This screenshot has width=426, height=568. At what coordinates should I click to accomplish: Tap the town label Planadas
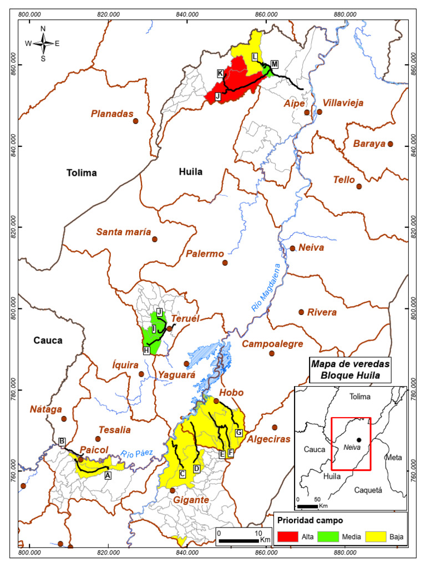tap(112, 114)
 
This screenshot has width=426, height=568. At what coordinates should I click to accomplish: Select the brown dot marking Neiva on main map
tap(292, 248)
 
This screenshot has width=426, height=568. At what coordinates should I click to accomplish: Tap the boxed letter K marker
tap(220, 74)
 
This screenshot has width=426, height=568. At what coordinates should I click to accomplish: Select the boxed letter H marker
tap(146, 351)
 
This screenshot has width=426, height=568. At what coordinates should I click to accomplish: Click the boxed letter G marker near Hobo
tap(239, 433)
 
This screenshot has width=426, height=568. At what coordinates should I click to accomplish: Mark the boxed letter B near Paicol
tap(62, 442)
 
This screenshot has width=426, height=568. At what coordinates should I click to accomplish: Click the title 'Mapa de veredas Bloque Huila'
tap(351, 369)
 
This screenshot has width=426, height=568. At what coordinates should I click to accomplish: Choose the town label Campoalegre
tap(272, 344)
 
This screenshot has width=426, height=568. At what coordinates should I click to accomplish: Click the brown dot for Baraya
tap(390, 144)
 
